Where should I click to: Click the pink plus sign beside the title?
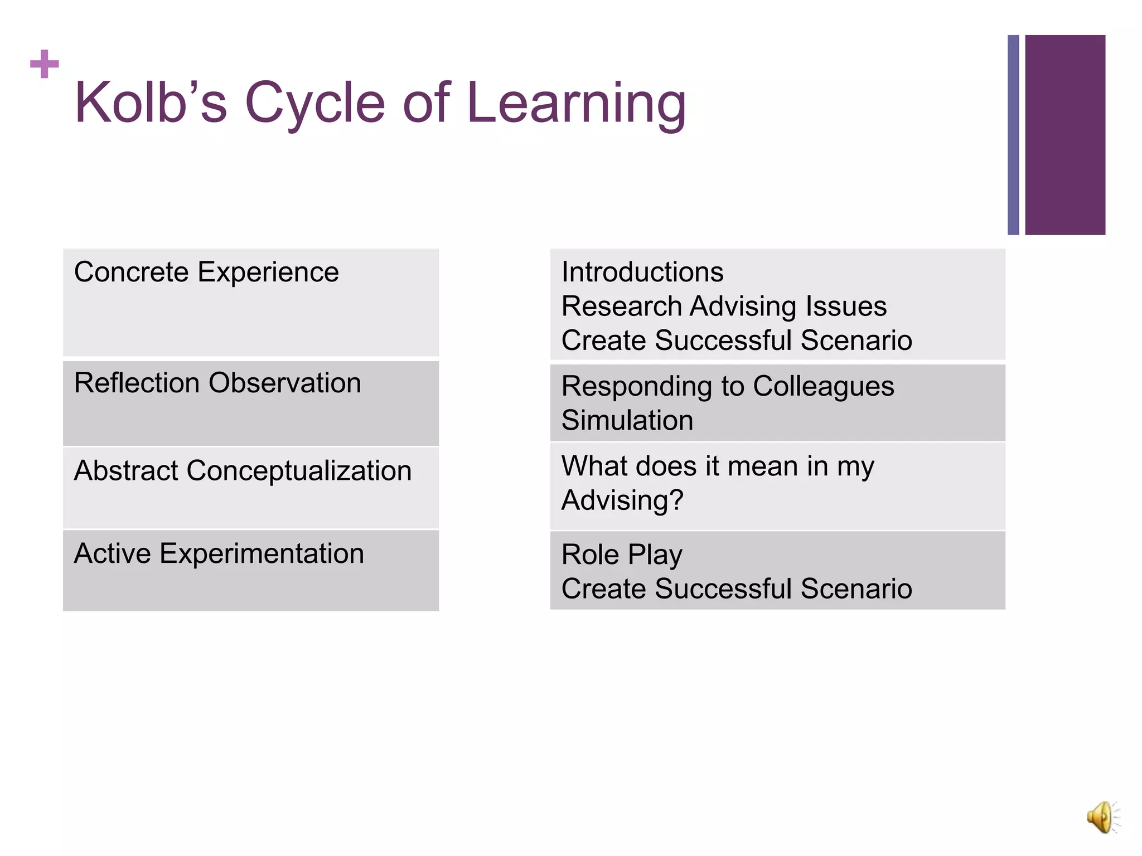pos(45,65)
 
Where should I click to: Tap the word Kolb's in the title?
pos(151,103)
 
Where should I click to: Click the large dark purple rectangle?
pos(1064,135)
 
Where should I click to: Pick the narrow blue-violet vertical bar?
pos(1013,135)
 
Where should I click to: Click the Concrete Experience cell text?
pos(206,273)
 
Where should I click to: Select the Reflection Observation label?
pos(217,383)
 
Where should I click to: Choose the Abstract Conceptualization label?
pos(243,471)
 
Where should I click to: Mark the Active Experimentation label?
pos(219,554)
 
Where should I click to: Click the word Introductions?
pos(642,273)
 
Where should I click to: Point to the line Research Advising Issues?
pos(724,307)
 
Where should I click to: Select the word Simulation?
pos(627,420)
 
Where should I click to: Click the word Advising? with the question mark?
pos(622,500)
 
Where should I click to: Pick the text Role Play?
pos(622,555)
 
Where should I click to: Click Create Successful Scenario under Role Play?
pos(737,589)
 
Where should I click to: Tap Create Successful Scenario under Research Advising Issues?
pos(737,341)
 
